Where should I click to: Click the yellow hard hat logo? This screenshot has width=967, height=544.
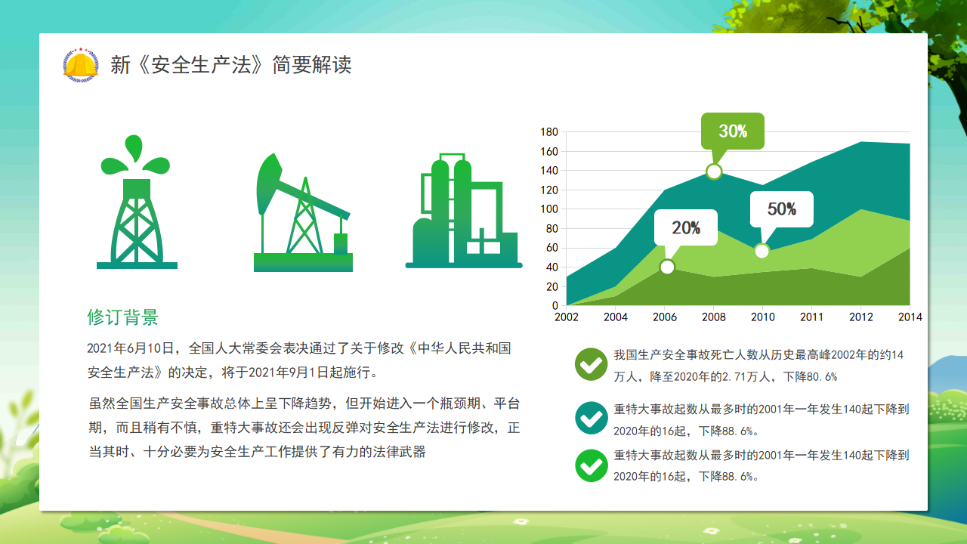(x=81, y=65)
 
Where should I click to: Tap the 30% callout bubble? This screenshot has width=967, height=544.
(x=733, y=131)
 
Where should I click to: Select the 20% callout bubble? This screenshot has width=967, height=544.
(x=686, y=227)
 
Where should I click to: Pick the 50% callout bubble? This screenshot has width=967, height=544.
(x=782, y=209)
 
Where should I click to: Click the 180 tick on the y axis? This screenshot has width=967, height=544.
(x=549, y=131)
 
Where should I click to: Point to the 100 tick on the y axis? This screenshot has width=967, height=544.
(x=549, y=209)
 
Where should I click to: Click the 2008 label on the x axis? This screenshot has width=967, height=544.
(x=714, y=317)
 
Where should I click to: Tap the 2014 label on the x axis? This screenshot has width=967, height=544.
(x=910, y=317)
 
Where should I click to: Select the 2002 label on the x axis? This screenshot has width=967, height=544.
(x=567, y=317)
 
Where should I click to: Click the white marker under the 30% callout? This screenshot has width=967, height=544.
(x=714, y=172)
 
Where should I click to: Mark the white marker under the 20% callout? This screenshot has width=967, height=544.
(x=667, y=267)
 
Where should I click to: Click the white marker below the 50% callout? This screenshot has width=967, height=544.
(x=762, y=251)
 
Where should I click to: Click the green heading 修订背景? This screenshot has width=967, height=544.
(x=123, y=317)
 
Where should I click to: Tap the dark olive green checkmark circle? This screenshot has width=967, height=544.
(x=592, y=364)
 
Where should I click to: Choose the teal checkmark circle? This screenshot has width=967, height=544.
(x=592, y=418)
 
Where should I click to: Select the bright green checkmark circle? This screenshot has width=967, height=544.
(x=592, y=465)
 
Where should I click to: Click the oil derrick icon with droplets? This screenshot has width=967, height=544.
(x=137, y=202)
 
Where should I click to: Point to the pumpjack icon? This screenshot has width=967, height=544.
(x=303, y=212)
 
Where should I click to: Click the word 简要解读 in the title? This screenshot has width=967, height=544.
(x=312, y=65)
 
